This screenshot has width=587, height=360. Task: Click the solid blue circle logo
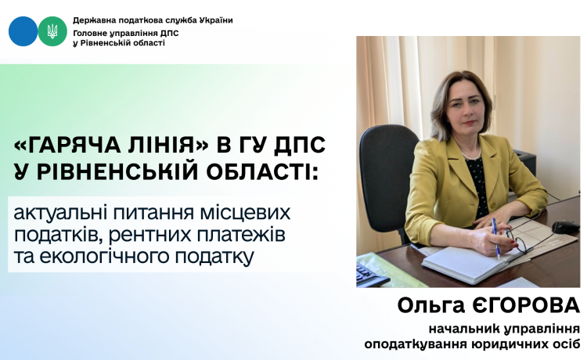pos(23,31)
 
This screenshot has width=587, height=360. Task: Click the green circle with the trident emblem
pos(52,31)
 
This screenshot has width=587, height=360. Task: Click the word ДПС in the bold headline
pos(300,146)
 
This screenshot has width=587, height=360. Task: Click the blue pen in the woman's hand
pos(496,238)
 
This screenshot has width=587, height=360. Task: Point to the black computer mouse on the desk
pos(565,227)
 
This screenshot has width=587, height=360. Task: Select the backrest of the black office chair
pos(388,177)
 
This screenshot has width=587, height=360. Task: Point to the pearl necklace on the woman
pos(471,154)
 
